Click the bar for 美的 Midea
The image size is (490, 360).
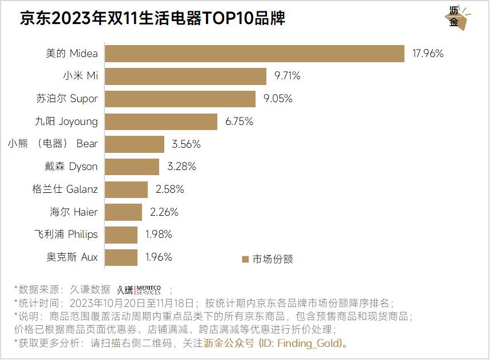(254, 54)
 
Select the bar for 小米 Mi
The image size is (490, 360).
(186, 76)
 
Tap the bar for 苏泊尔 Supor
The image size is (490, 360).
(180, 99)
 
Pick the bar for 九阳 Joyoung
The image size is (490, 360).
(161, 122)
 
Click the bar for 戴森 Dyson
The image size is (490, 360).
(132, 167)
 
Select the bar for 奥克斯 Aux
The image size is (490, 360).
(122, 257)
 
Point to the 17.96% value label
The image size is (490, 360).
(428, 54)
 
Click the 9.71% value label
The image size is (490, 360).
(287, 76)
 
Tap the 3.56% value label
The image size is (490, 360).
(186, 144)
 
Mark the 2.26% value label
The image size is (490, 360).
(164, 212)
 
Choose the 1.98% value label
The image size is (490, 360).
(159, 234)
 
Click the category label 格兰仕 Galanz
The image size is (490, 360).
(65, 189)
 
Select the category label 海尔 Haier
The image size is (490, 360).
(74, 212)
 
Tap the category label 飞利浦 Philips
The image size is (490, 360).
(66, 234)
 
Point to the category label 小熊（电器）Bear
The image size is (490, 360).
(52, 144)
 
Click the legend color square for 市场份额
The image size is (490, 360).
(245, 259)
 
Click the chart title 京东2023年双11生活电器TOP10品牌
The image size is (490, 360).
(152, 18)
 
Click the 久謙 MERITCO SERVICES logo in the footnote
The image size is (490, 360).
(139, 290)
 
